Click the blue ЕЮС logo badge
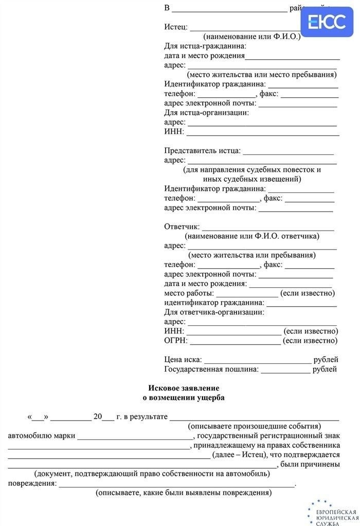coord(327,22)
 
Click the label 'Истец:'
coord(176,27)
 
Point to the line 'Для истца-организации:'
coord(206,112)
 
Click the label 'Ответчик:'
coord(182,226)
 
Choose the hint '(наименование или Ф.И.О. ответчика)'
coord(252,236)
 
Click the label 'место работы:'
coord(188,293)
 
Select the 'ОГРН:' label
coord(176,340)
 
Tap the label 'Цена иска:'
coord(183,359)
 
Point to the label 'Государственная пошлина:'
coord(211,369)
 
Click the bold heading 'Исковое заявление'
coord(184,388)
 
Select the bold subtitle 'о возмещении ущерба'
coord(184,397)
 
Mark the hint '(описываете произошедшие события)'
coord(254,426)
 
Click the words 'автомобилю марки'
coord(41,435)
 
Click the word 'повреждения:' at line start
coord(32,483)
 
